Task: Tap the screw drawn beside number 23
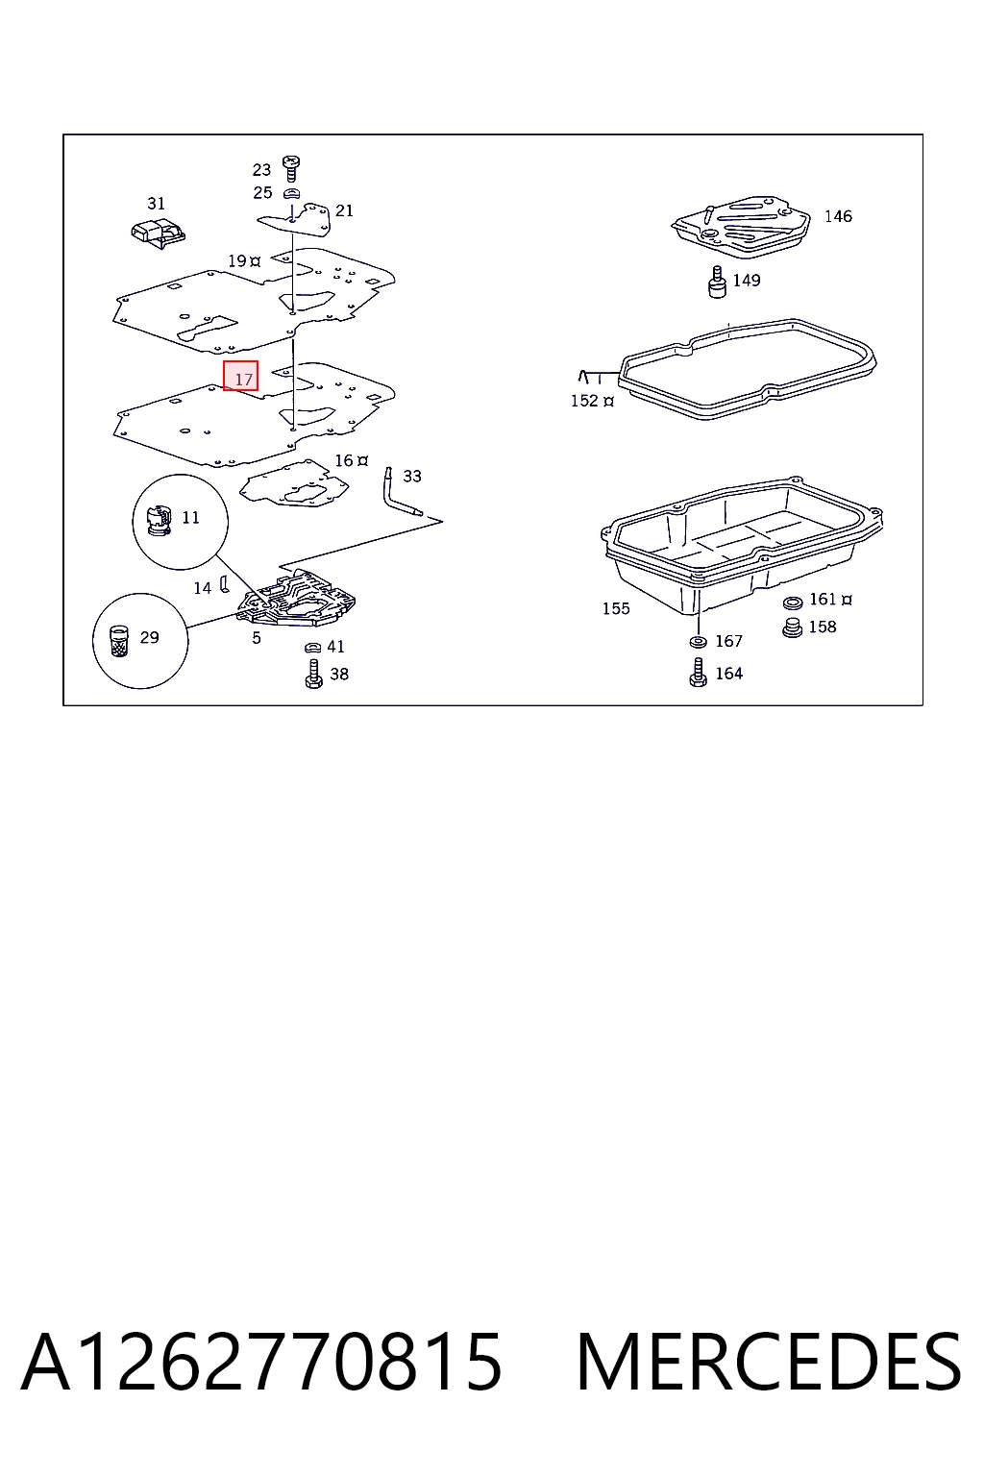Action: pyautogui.click(x=290, y=168)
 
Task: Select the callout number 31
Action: pyautogui.click(x=157, y=204)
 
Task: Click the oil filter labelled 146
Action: pyautogui.click(x=740, y=226)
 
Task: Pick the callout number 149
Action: pyautogui.click(x=747, y=280)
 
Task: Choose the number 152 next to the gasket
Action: pyautogui.click(x=584, y=401)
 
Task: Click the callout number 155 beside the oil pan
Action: pyautogui.click(x=616, y=608)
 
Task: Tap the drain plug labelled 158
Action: pyautogui.click(x=793, y=627)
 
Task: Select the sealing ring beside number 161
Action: pyautogui.click(x=792, y=603)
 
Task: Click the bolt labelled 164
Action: pyautogui.click(x=698, y=673)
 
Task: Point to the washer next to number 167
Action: pyautogui.click(x=698, y=641)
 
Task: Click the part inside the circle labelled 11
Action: pyautogui.click(x=159, y=520)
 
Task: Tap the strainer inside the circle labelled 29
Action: pyautogui.click(x=119, y=641)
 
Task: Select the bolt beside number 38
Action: pyautogui.click(x=314, y=674)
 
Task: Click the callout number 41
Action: pyautogui.click(x=336, y=647)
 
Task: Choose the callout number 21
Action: pyautogui.click(x=345, y=210)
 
